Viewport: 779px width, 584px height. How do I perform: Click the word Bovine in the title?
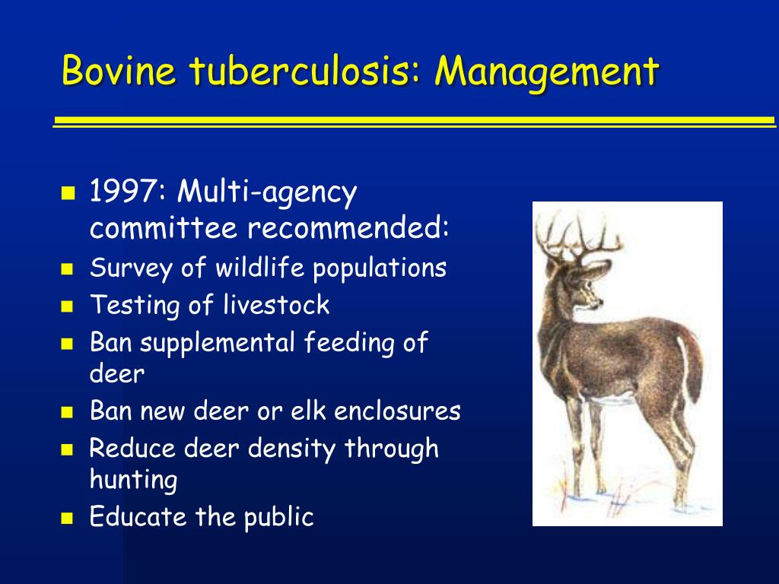point(119,70)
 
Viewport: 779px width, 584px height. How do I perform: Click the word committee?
point(164,227)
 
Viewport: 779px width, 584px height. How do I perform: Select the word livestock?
point(276,304)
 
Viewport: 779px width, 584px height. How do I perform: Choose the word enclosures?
point(397,411)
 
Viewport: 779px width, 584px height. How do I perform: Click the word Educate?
point(138,516)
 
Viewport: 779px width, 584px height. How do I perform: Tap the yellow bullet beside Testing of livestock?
point(67,306)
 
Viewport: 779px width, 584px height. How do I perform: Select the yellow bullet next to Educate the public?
point(67,519)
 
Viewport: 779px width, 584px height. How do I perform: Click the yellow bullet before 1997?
point(68,192)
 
